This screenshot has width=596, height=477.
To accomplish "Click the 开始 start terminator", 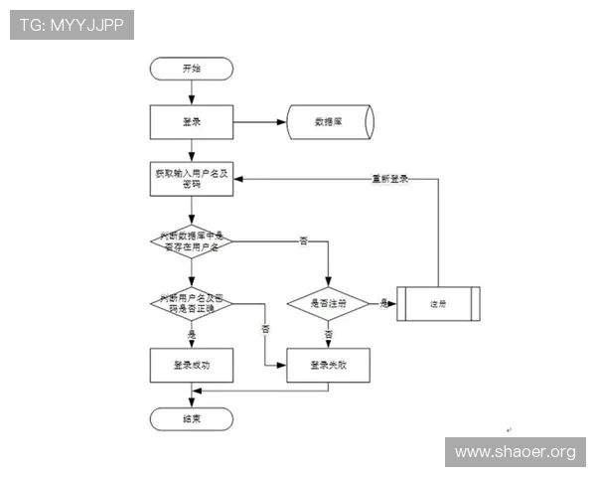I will coord(191,69).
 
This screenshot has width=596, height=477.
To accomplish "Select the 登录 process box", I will coord(191,122).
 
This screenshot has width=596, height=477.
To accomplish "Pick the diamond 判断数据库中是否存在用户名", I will coord(191,239).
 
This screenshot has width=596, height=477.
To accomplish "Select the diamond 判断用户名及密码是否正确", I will coord(191,303).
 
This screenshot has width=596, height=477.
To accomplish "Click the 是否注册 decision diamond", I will coord(328,303).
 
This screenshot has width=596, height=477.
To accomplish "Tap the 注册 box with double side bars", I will coord(438,303).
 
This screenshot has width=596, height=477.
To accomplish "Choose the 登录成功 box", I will coord(191,365).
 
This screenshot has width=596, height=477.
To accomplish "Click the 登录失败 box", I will coord(328,365).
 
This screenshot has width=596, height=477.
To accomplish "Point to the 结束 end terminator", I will coord(191,418).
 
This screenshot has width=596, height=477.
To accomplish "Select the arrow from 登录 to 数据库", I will coord(259,122).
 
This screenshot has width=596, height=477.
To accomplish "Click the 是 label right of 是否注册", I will coord(383,302).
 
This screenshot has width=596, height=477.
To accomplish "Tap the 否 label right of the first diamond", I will coord(303,241).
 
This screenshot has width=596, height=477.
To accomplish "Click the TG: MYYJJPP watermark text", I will coord(72,25).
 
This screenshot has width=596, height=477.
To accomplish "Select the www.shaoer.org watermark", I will coord(515,452).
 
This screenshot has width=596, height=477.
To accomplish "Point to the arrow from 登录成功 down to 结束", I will coord(191,395).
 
